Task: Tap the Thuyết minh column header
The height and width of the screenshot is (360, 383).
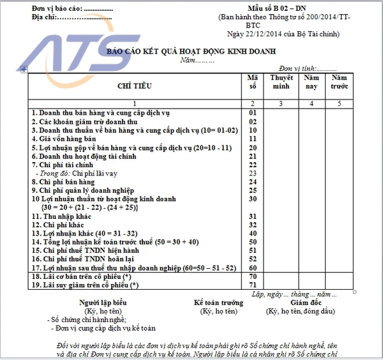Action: (282, 82)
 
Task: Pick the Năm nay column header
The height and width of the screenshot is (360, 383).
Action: (312, 82)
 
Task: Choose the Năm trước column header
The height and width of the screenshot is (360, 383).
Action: (340, 82)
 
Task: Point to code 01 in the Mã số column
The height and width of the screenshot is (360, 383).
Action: (252, 112)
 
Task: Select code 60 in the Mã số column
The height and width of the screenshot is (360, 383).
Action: (252, 269)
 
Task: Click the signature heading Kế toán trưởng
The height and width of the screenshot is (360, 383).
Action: (218, 303)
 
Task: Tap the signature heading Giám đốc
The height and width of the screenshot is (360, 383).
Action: (301, 303)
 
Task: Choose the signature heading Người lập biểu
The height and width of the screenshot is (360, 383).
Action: (103, 303)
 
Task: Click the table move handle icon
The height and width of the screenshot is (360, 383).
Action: (24, 69)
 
